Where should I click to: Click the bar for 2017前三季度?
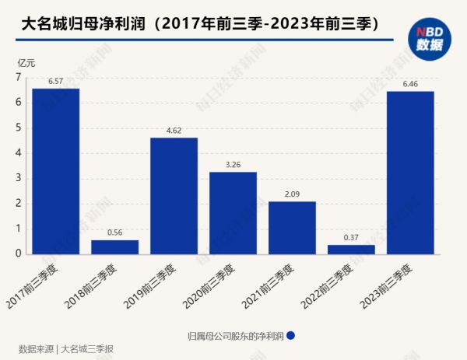(x=55, y=171)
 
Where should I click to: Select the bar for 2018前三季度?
(x=114, y=246)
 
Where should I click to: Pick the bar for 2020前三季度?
(x=233, y=213)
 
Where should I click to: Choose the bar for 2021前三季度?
(x=292, y=228)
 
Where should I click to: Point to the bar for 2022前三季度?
(x=351, y=249)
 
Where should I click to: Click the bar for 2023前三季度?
(x=410, y=173)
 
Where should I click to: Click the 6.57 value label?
(x=55, y=81)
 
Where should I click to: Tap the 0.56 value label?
(x=114, y=232)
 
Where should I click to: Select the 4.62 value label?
(x=174, y=131)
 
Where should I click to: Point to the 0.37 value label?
(x=351, y=237)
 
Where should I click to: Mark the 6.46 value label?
(x=410, y=84)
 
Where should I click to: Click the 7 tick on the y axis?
(x=18, y=78)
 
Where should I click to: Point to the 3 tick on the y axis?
(x=18, y=178)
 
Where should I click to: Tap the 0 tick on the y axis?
(x=18, y=253)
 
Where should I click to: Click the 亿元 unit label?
(x=27, y=61)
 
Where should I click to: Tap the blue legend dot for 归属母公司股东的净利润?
(x=290, y=336)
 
